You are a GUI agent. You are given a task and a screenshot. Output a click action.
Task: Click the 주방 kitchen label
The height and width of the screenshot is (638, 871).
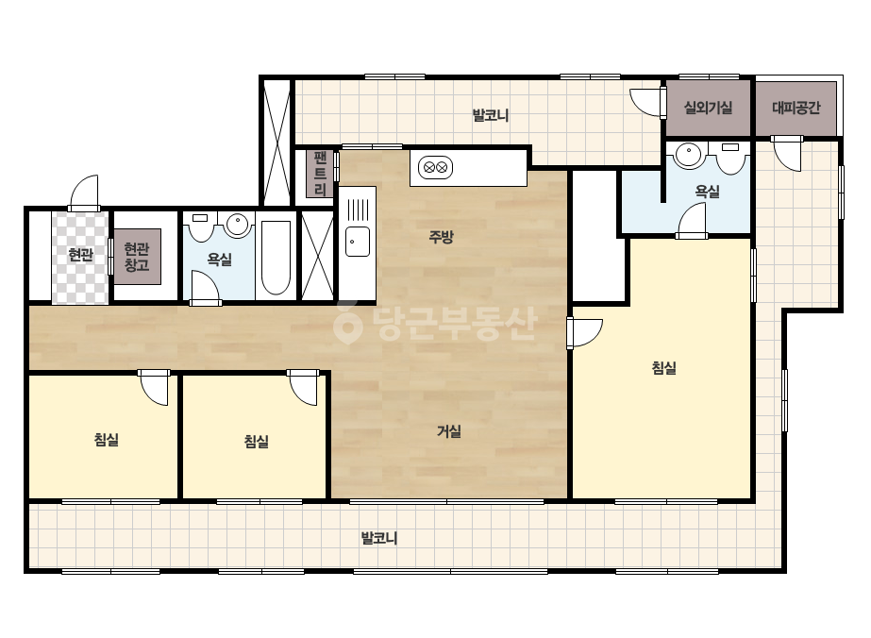point(441,237)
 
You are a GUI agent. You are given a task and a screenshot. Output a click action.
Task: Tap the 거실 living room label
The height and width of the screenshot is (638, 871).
point(449,431)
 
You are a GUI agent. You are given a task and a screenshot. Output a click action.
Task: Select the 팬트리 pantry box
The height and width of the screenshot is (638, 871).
point(320,174)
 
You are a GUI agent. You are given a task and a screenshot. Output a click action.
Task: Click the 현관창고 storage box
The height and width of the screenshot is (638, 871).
point(137,257)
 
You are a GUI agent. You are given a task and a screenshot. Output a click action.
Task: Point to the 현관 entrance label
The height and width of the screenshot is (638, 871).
point(80,255)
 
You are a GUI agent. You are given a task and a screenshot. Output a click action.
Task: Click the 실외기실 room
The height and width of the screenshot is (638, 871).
point(708,108)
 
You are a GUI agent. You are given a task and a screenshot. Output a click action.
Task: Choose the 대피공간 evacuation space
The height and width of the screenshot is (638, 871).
point(796,109)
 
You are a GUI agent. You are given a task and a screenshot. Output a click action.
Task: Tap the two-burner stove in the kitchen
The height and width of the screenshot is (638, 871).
point(436,167)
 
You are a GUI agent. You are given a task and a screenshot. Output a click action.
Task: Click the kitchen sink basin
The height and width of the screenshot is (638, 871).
point(358,242)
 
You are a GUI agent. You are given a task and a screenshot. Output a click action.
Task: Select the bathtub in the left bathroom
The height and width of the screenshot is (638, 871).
point(276,258)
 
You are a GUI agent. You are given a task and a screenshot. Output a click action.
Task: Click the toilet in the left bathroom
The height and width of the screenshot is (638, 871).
point(200,227)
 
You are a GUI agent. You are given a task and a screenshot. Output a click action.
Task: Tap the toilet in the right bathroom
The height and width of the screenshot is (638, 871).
point(730,158)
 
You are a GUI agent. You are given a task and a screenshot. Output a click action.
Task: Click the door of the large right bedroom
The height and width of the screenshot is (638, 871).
point(584,332)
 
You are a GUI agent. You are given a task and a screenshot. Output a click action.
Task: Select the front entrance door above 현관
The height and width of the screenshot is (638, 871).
point(84,193)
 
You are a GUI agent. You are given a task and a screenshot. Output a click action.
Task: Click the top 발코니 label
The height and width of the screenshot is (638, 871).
point(491,115)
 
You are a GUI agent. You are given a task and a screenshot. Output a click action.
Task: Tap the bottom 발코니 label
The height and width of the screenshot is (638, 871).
point(379,538)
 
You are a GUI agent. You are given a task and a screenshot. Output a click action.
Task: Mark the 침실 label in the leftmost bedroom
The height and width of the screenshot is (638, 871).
point(106,440)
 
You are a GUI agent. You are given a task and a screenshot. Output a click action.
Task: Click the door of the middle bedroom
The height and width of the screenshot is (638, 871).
point(303,387)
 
